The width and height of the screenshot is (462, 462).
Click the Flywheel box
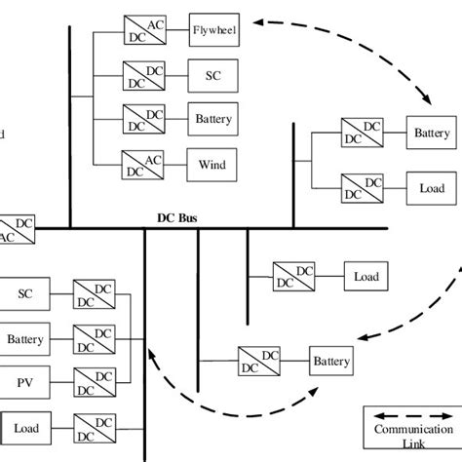213,28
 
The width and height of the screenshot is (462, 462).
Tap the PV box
24,382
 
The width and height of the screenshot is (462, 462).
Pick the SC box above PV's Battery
24,293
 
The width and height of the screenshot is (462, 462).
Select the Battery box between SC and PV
24,339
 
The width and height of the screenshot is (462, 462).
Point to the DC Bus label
177,219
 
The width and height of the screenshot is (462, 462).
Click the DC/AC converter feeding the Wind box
142,165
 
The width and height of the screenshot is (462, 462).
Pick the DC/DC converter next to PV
94,382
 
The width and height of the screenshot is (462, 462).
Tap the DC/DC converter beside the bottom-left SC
94,293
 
